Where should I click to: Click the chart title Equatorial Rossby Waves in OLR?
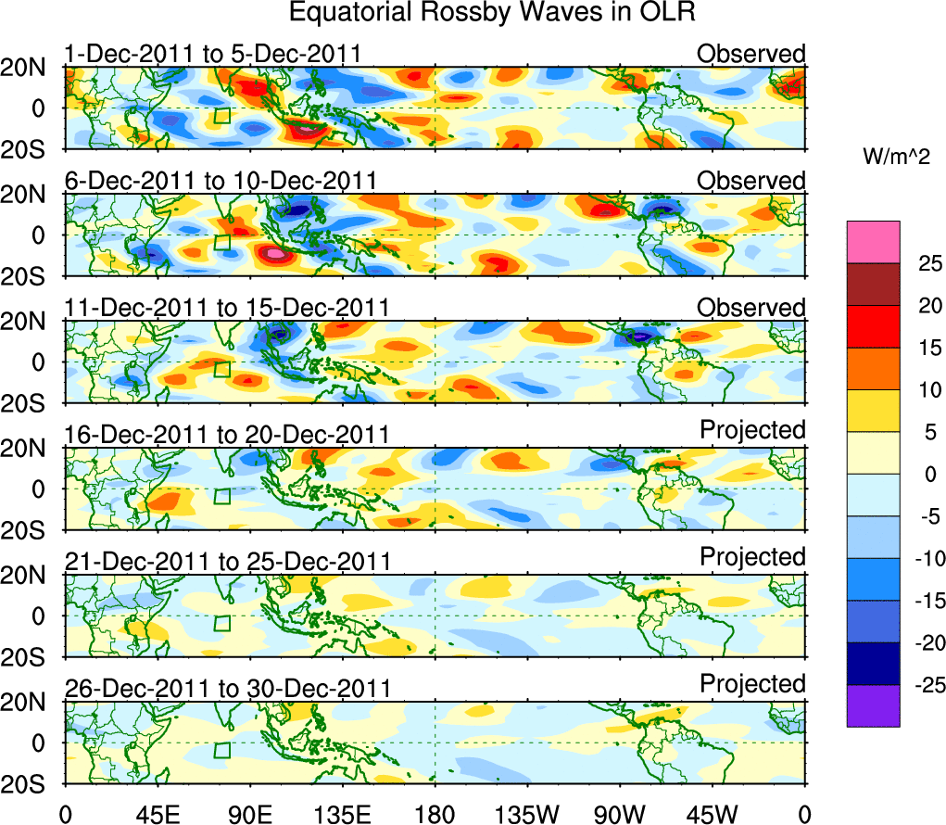pos(492,13)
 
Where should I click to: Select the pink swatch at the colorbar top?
pos(872,242)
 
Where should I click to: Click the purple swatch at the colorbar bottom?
pos(872,705)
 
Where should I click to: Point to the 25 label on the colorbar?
pos(919,264)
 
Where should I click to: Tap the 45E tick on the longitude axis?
pos(157,815)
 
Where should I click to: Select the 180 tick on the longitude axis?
pos(435,815)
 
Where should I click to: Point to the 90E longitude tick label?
pos(249,815)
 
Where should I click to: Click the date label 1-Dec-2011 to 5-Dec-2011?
pos(212,54)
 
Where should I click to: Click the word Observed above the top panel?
pos(751,54)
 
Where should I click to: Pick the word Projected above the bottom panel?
pos(752,683)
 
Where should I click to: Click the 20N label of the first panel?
pos(31,68)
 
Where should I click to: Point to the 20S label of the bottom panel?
pos(31,783)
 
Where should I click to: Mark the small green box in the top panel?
pos(221,116)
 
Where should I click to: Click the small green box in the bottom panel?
pos(221,751)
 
